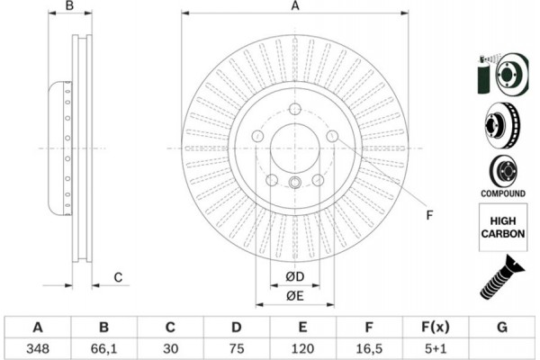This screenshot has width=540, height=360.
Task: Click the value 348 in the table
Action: [x=38, y=346]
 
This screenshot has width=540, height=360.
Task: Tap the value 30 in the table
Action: [x=170, y=346]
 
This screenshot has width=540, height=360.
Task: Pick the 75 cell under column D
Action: [x=236, y=346]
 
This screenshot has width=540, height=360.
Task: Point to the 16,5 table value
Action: [x=368, y=346]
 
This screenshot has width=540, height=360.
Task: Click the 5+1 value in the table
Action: [x=435, y=346]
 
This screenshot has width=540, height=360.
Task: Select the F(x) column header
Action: [x=435, y=326]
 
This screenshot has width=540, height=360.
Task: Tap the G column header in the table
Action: [x=501, y=326]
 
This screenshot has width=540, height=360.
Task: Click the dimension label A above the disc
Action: [x=294, y=6]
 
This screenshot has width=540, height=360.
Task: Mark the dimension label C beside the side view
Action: [x=118, y=277]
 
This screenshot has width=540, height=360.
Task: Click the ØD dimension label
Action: [x=294, y=275]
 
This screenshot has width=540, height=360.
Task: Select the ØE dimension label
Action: [x=294, y=297]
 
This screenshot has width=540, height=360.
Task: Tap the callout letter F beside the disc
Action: [x=429, y=214]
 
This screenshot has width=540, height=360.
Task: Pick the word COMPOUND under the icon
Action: [x=502, y=193]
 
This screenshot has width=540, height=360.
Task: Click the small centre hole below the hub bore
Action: [x=294, y=185]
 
